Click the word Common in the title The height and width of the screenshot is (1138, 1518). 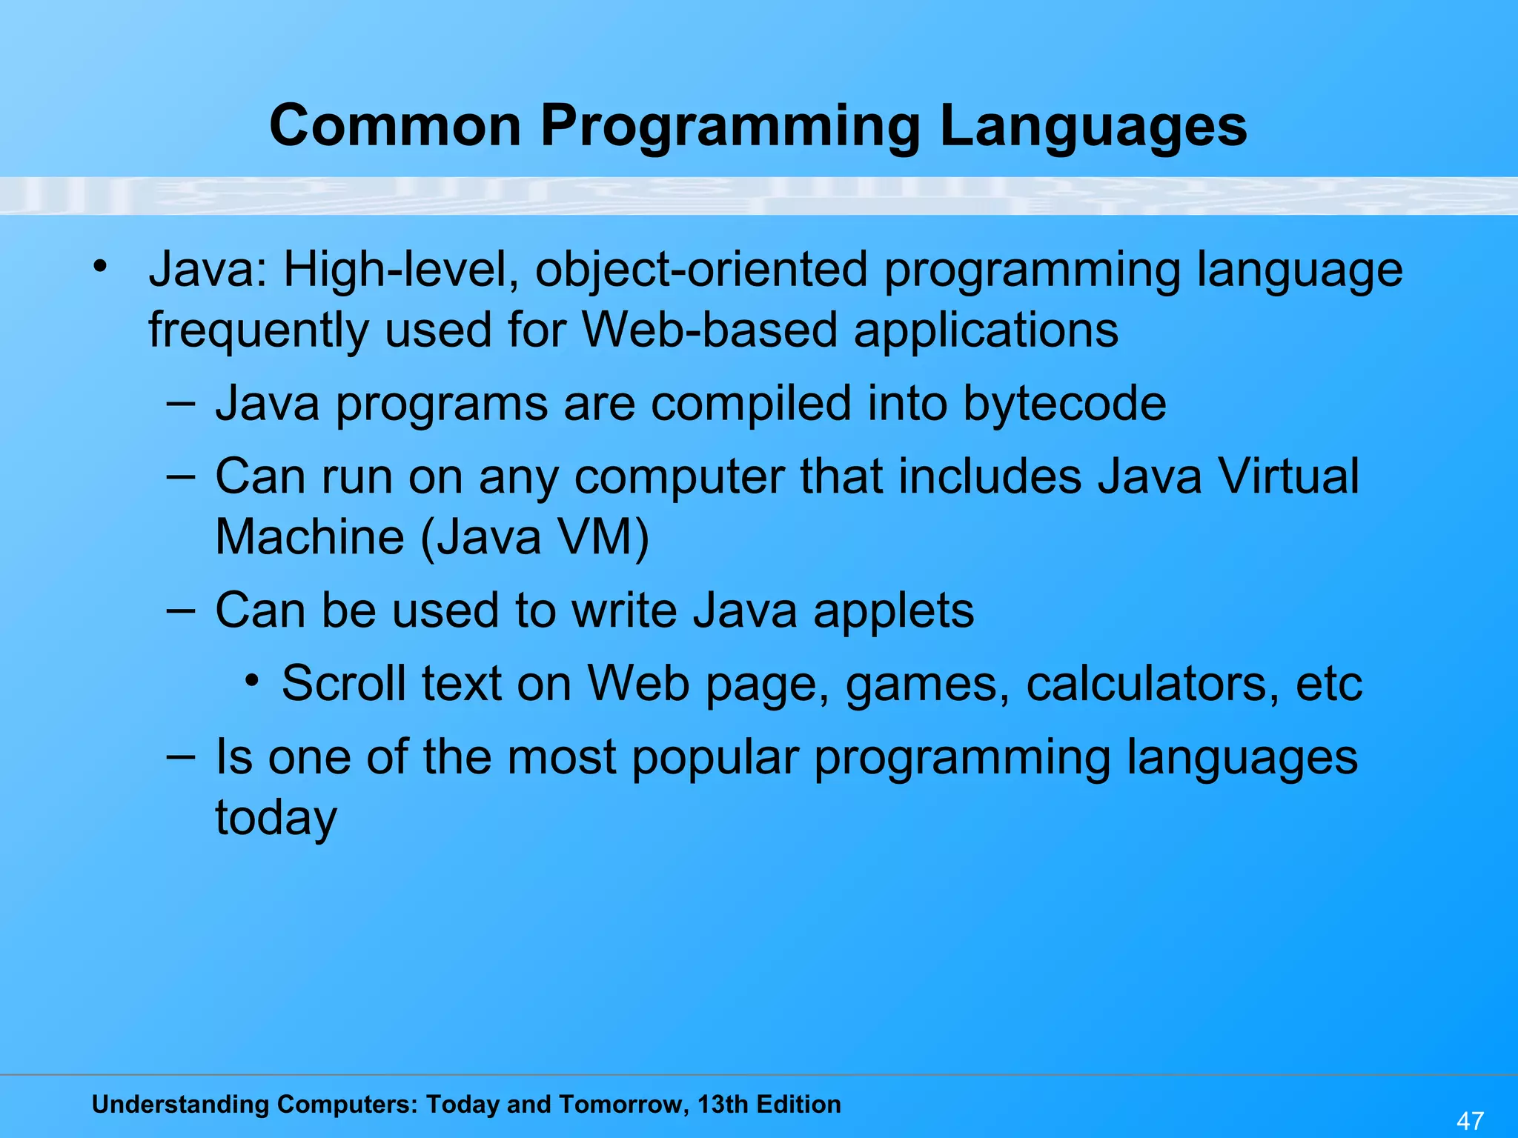[x=395, y=126]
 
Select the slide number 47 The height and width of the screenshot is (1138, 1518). [x=1471, y=1120]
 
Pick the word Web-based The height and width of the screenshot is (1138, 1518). [x=710, y=330]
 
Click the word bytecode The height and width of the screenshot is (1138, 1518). [x=1064, y=405]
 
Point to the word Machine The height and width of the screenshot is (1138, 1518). [x=310, y=536]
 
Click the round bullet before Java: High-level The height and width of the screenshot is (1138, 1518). [x=101, y=265]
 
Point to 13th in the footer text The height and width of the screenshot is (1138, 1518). [x=723, y=1105]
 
